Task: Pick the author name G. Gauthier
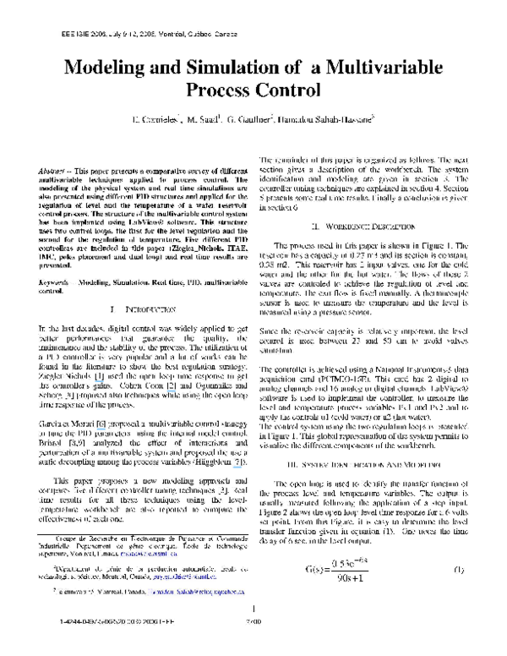tap(270, 123)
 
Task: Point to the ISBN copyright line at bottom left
tap(94, 644)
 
